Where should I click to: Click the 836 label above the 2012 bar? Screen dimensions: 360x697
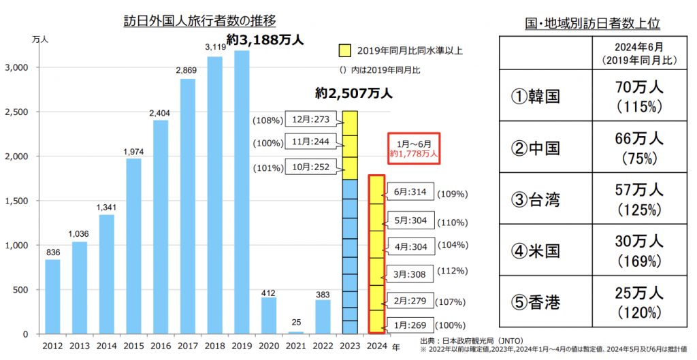click(53, 252)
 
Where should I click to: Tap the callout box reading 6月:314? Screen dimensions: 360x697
click(410, 193)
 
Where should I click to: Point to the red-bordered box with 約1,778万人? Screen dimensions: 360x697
click(415, 149)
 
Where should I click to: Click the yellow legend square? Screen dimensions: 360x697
click(346, 50)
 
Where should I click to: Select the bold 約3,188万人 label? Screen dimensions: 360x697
click(265, 41)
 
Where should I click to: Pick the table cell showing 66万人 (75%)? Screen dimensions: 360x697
click(637, 148)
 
